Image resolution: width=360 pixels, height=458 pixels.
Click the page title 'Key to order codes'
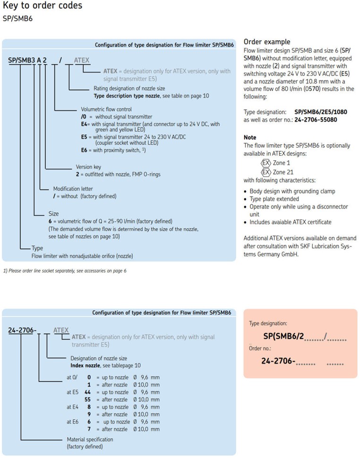pyautogui.click(x=43, y=6)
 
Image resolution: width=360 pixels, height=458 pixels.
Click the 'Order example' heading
pyautogui.click(x=266, y=42)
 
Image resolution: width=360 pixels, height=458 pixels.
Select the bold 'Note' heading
pyautogui.click(x=250, y=137)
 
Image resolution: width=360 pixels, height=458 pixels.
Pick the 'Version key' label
pyautogui.click(x=88, y=167)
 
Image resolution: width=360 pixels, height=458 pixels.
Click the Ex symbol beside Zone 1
pyautogui.click(x=266, y=163)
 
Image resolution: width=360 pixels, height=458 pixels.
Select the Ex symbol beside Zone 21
pyautogui.click(x=266, y=172)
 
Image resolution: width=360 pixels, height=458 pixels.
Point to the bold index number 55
pyautogui.click(x=87, y=399)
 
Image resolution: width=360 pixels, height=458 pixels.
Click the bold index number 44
pyautogui.click(x=87, y=392)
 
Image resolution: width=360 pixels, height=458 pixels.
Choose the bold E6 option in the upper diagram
pyautogui.click(x=85, y=150)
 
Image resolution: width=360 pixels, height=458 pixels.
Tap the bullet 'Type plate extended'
pyautogui.click(x=274, y=199)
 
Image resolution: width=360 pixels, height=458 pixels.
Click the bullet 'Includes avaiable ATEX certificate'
pyautogui.click(x=290, y=222)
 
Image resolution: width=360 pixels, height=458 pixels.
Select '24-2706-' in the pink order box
pyautogui.click(x=278, y=362)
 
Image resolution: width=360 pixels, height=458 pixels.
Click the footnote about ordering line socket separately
pyautogui.click(x=65, y=271)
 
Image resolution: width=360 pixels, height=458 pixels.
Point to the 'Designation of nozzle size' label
pyautogui.click(x=98, y=358)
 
